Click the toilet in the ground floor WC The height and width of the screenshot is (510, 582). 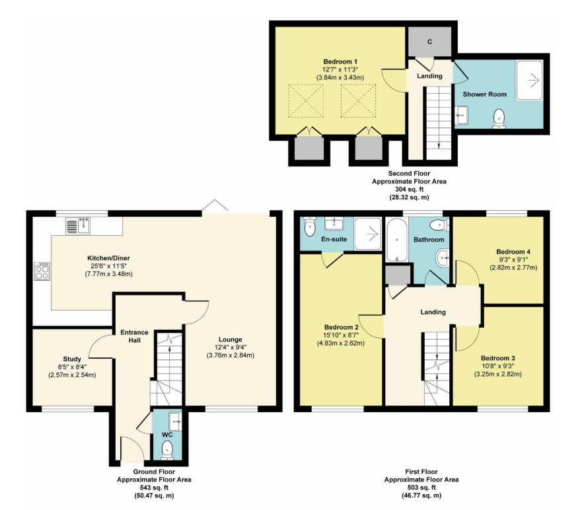[168, 451]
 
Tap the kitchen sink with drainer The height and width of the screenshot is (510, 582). [78, 226]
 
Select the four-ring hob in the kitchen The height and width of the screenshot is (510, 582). [42, 271]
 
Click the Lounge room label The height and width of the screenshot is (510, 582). [230, 340]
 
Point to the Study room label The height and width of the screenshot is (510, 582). [72, 359]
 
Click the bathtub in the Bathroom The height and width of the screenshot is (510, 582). [397, 239]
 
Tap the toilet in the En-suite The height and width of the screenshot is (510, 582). [309, 226]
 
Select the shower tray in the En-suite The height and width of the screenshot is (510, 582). [368, 233]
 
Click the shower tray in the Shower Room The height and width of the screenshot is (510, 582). [529, 80]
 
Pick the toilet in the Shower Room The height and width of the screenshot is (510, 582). [499, 118]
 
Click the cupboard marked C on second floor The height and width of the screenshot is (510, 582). [430, 42]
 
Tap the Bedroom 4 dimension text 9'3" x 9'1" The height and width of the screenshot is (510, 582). [513, 260]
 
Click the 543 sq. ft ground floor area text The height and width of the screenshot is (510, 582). [154, 488]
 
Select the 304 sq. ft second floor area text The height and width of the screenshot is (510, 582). [409, 190]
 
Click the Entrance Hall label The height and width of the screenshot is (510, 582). [134, 336]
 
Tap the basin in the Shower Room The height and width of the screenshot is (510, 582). [461, 115]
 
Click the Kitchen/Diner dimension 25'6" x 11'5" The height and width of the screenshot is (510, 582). [108, 266]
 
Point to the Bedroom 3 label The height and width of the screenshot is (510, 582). [497, 358]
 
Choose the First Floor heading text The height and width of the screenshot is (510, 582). [421, 472]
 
